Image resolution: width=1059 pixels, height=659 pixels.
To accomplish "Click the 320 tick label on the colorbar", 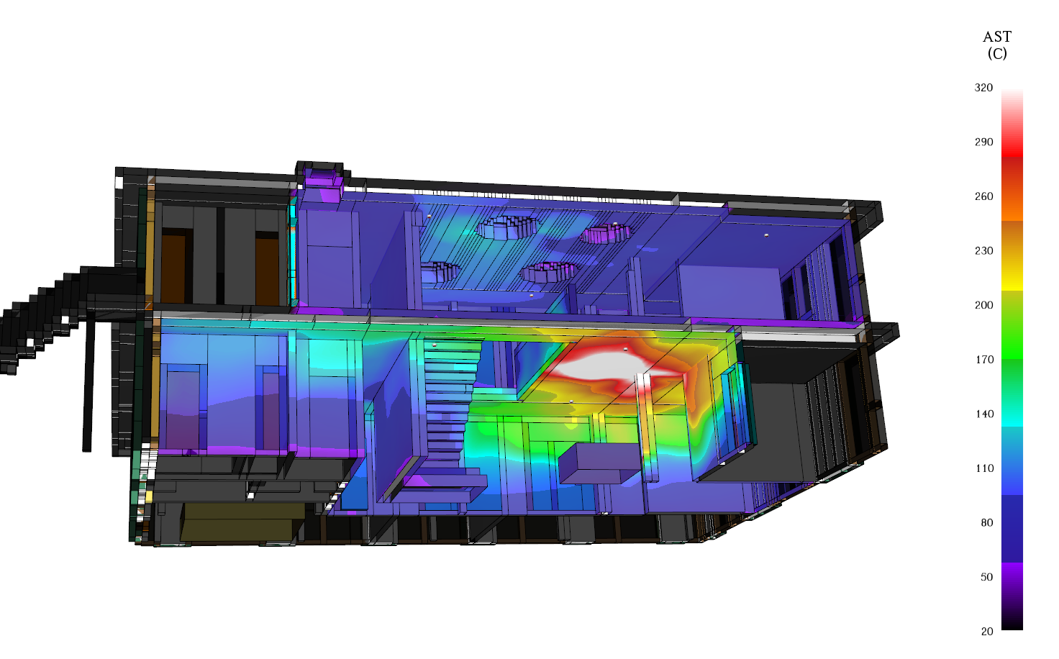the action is (983, 88).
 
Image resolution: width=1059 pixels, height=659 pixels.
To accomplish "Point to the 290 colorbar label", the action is (983, 142).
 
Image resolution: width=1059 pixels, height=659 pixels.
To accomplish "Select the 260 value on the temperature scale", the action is (983, 196).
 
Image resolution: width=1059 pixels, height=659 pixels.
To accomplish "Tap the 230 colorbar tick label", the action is (983, 250).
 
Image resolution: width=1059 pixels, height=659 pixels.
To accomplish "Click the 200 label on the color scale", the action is (983, 305).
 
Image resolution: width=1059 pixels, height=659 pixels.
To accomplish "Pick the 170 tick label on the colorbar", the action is (984, 359).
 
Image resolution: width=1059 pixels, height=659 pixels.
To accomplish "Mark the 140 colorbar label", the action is (984, 414).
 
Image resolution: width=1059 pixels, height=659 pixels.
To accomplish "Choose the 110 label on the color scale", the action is (984, 468).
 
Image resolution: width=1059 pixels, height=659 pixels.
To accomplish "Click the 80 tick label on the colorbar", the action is (986, 522).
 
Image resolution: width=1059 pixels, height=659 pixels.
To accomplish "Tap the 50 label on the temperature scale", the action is (986, 577).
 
